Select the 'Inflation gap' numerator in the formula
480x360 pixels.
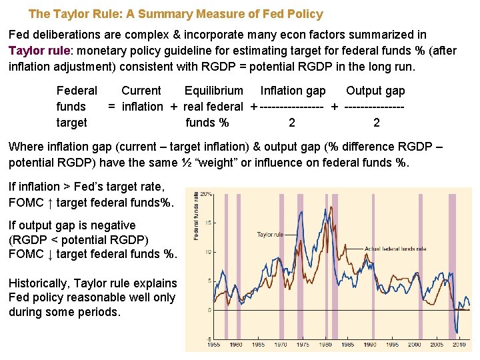click(x=293, y=91)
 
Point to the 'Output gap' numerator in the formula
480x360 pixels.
click(x=375, y=91)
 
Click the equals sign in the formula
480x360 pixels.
click(x=112, y=107)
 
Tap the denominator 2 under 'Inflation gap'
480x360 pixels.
click(x=292, y=123)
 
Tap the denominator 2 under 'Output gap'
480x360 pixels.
click(x=377, y=123)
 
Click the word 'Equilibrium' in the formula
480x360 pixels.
click(x=213, y=91)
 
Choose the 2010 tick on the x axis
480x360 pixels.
click(x=459, y=345)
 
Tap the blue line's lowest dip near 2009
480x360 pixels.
click(x=457, y=331)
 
